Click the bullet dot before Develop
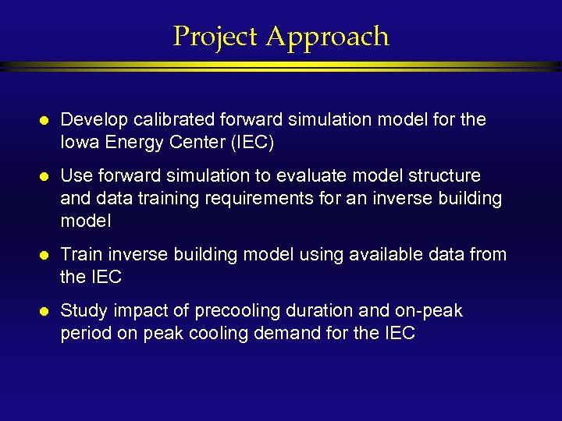(44, 121)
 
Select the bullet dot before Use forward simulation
(44, 177)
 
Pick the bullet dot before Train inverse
(44, 256)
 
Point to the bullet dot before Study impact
(44, 312)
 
